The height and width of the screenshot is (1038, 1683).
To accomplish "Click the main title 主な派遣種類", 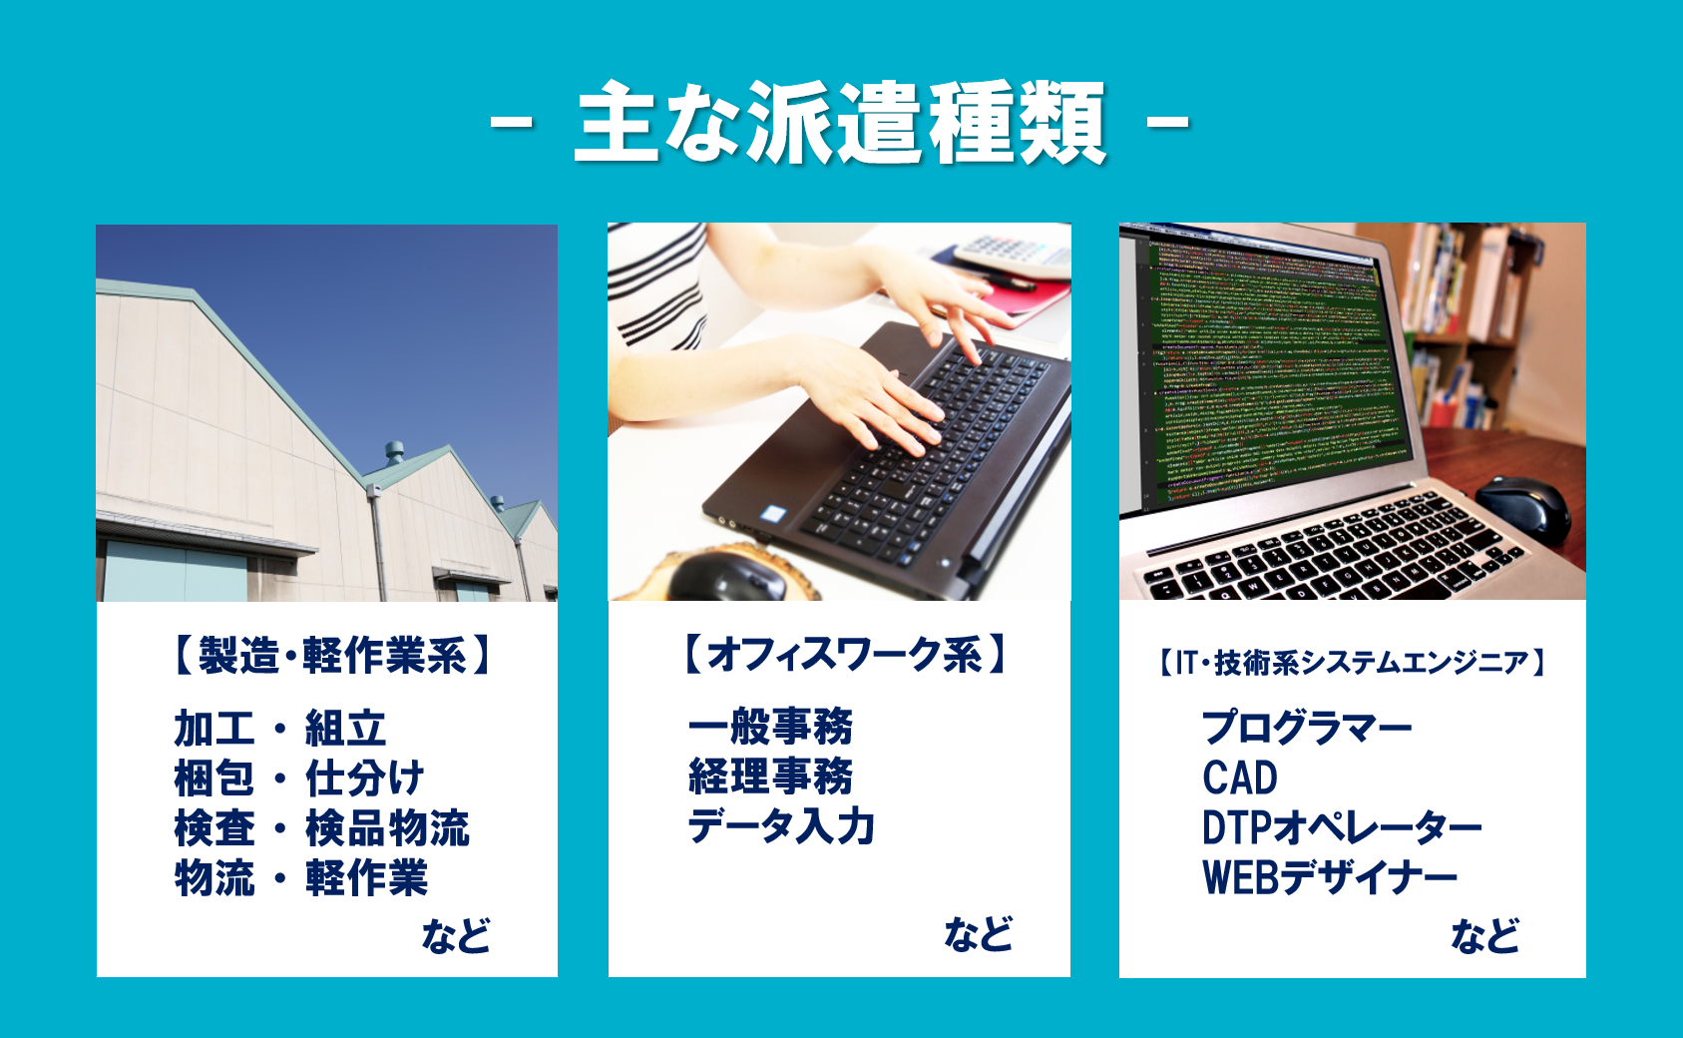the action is (840, 122).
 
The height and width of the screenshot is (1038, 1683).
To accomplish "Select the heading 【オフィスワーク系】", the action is (845, 653).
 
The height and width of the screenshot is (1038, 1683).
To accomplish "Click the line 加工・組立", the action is (280, 729).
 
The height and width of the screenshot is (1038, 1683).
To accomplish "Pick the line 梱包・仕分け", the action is (299, 778).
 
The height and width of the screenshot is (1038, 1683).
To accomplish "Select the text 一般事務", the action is (771, 726).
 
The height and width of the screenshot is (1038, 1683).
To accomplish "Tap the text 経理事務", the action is (771, 776).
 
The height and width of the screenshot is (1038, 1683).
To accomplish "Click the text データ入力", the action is (781, 826).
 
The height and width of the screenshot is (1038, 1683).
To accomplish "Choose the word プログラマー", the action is (1307, 728).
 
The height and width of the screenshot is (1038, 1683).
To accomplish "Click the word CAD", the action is (1240, 778).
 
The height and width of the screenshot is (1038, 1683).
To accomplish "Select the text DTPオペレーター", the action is (1342, 827).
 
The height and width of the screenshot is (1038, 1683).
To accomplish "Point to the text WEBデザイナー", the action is (1330, 877).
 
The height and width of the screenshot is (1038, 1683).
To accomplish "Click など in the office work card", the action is (979, 933).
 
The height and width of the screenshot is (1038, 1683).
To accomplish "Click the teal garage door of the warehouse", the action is (175, 571).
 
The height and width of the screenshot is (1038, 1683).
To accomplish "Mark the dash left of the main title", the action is (512, 123).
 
